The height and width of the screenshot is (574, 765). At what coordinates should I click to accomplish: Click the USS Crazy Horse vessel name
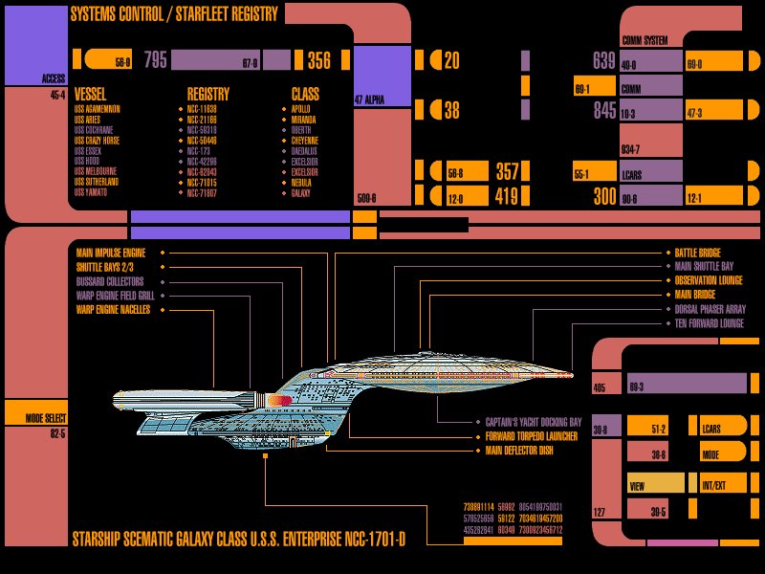pos(97,140)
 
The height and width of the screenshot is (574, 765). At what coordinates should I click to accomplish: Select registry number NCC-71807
pos(203,192)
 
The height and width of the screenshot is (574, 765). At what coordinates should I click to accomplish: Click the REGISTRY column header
pos(208,95)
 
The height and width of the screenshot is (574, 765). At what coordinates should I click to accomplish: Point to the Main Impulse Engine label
pos(110,253)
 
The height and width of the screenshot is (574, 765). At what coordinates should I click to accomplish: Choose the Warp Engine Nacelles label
pos(112,310)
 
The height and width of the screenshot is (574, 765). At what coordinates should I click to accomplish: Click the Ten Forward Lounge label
pos(709,324)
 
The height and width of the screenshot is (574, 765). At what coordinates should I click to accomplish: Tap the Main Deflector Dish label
pos(519,450)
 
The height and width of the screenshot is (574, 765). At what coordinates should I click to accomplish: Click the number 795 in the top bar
pos(156,61)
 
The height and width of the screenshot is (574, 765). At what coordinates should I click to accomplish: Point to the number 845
pos(604,111)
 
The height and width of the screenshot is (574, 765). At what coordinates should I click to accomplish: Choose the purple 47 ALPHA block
pos(382,77)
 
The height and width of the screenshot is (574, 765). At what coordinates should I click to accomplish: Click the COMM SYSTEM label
pos(645,41)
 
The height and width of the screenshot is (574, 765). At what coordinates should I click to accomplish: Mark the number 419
pos(507,198)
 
